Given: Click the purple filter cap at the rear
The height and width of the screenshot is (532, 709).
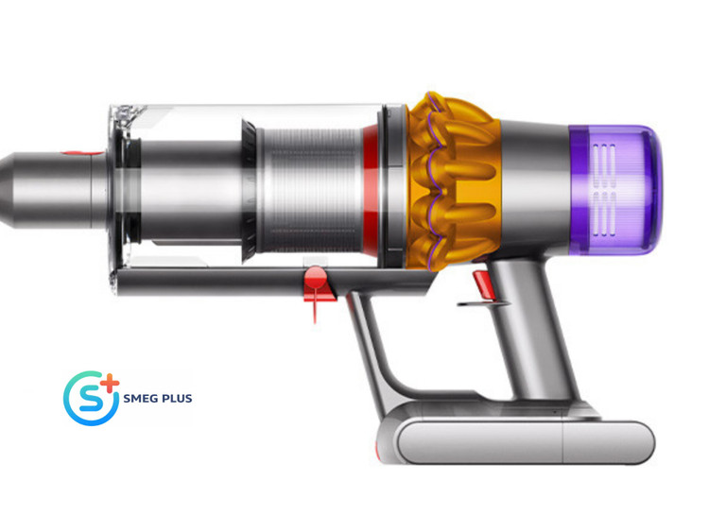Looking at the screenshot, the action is pyautogui.click(x=615, y=190).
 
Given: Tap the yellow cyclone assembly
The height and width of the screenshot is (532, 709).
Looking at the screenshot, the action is pyautogui.click(x=452, y=180).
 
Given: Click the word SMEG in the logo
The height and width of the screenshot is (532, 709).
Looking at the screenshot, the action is pyautogui.click(x=139, y=398).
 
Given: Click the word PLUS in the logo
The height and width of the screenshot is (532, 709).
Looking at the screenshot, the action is pyautogui.click(x=176, y=398).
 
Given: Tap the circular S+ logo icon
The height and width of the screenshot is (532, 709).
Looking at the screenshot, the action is pyautogui.click(x=92, y=398).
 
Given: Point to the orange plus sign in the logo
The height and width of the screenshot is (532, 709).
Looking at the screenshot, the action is pyautogui.click(x=110, y=385).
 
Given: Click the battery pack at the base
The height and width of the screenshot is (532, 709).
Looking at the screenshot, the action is pyautogui.click(x=515, y=441).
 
